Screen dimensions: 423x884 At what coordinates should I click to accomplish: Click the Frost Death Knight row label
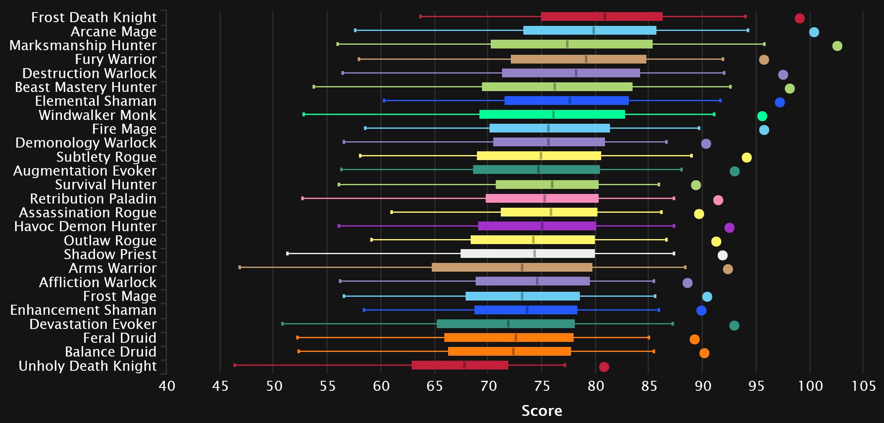pos(94,18)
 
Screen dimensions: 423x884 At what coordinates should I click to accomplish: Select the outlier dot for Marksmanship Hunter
pos(837,46)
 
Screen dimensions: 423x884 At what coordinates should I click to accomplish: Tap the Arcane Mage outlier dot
pos(814,32)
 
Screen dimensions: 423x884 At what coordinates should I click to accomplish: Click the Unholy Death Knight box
pos(460,365)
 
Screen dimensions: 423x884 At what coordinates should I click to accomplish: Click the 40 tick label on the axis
pos(167,385)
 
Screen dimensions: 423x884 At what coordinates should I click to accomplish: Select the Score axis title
pos(542,411)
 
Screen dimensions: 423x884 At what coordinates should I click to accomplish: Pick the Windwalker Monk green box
pos(552,115)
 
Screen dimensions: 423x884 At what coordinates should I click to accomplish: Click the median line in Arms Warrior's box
pos(522,268)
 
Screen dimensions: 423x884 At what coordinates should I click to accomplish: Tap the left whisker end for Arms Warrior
pos(240,268)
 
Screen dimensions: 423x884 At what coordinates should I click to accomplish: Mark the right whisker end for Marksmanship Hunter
pos(764,44)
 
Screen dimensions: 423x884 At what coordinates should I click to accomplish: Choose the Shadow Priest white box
pos(528,254)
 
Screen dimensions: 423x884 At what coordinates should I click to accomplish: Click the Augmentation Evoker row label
pos(85,171)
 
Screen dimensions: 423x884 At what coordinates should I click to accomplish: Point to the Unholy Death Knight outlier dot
pos(604,367)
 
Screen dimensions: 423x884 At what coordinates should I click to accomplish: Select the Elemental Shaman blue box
pos(566,101)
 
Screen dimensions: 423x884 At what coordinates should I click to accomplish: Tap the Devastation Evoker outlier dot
pos(734,326)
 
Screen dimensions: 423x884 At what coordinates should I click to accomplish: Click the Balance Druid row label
pos(110,352)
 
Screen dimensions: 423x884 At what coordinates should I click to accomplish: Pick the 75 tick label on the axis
pos(542,385)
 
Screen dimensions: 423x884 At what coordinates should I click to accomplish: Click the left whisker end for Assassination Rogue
pos(392,212)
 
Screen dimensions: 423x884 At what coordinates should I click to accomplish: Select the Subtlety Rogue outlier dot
pos(746,158)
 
